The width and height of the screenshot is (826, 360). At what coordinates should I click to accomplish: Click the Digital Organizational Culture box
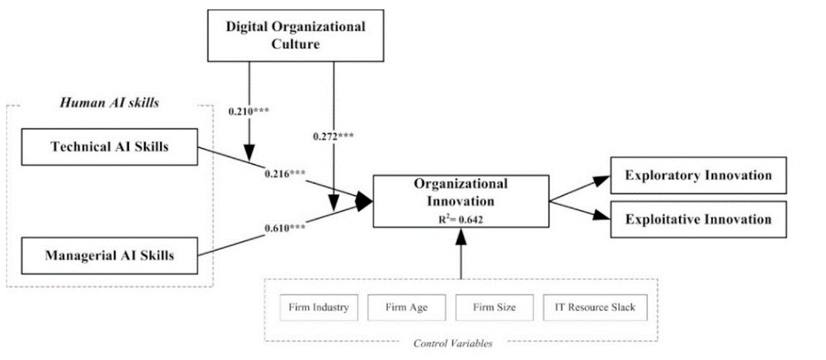click(295, 35)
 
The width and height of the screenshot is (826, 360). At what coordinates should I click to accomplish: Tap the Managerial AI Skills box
click(109, 255)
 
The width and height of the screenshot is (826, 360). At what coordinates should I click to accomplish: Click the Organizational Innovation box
click(460, 200)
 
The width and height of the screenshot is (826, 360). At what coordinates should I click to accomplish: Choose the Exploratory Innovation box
click(698, 176)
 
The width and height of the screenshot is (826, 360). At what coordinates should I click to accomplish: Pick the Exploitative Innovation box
click(698, 219)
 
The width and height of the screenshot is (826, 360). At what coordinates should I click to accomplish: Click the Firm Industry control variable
click(318, 308)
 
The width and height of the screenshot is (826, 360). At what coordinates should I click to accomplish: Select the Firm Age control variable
click(405, 308)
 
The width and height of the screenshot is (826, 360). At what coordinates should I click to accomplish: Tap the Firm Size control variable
click(492, 308)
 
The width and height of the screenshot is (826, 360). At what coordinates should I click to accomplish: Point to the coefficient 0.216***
click(285, 174)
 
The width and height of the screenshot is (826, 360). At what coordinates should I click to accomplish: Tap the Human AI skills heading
click(109, 102)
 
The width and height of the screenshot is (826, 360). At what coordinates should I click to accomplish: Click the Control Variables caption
click(460, 344)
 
